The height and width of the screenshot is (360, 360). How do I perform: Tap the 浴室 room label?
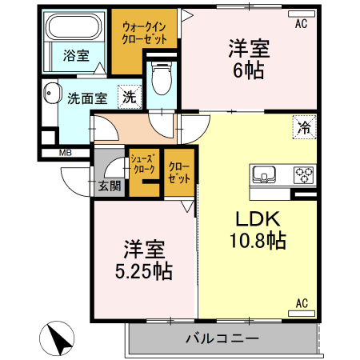[x=76, y=55]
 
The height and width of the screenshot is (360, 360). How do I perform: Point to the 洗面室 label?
[x=87, y=99]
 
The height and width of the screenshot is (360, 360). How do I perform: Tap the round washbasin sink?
[x=53, y=94]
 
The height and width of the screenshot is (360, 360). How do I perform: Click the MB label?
[x=63, y=152]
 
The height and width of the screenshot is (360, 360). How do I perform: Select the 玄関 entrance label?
[x=110, y=186]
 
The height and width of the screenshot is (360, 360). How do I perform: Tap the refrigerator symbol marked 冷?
[x=304, y=127]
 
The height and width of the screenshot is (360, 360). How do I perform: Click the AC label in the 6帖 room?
[x=301, y=25]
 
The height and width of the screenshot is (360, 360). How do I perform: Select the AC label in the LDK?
[x=302, y=302]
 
